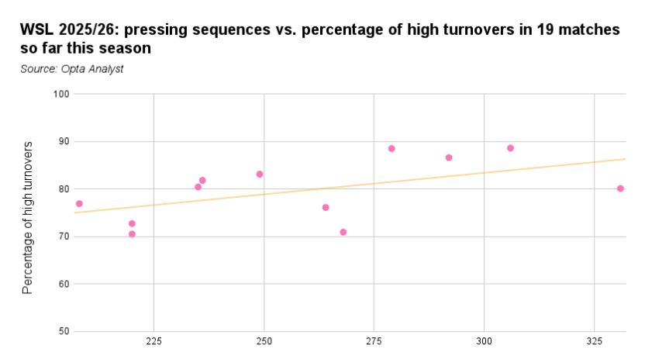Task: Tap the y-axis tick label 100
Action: (61, 94)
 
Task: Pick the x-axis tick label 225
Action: (153, 342)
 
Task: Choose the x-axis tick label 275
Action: (374, 342)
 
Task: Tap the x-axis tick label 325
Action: (594, 342)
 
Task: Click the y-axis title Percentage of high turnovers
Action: (28, 218)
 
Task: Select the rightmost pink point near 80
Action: (620, 188)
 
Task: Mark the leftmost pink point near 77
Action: (79, 204)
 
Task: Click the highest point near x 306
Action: (510, 148)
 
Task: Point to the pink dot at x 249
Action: (260, 175)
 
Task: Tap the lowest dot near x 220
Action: (132, 234)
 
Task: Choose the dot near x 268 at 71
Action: (343, 232)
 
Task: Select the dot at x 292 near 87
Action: (449, 157)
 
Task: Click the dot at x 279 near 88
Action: (391, 149)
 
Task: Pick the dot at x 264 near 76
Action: (326, 208)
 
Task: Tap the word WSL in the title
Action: (36, 30)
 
